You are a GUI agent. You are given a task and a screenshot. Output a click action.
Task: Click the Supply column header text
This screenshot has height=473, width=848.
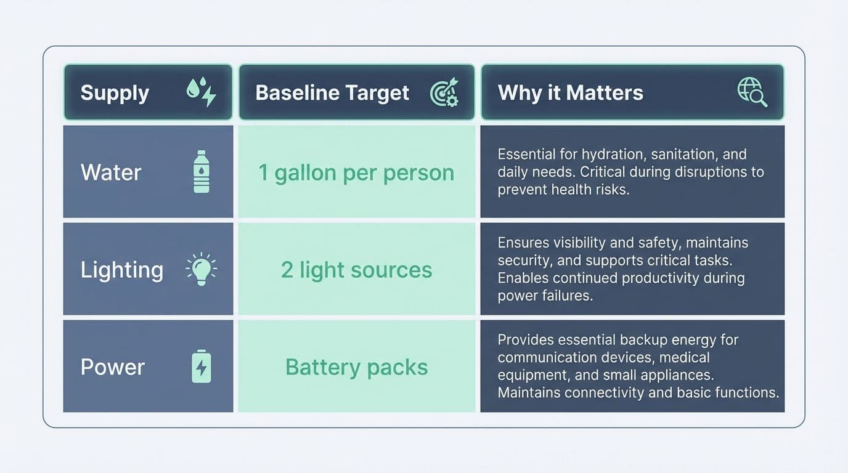tap(115, 93)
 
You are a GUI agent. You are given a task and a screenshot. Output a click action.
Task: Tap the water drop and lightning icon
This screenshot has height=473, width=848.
tap(201, 92)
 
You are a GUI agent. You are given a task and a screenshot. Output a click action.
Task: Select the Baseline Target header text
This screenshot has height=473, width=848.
tap(332, 93)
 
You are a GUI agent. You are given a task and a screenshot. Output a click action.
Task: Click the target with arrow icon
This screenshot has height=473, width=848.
tap(444, 92)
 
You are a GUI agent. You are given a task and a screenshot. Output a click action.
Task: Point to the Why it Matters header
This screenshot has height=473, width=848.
tap(570, 93)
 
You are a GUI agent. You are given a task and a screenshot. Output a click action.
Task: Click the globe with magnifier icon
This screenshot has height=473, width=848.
tap(752, 92)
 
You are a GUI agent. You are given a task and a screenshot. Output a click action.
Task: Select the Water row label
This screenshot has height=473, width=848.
tap(111, 172)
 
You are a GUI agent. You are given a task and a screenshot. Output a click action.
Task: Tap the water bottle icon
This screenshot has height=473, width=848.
tap(201, 172)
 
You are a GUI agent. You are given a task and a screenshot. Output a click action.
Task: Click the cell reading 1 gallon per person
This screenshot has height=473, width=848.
tap(356, 172)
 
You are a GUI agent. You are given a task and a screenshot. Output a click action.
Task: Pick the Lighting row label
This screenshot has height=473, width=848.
tap(122, 270)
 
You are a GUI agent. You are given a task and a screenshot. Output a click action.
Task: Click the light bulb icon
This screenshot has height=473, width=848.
tap(201, 270)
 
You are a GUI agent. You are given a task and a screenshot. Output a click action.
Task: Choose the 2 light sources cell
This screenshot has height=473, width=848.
tap(356, 270)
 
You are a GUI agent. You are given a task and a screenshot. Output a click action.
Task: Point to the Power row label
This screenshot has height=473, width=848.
tap(113, 367)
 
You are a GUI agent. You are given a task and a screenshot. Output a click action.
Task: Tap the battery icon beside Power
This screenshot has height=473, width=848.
tap(201, 366)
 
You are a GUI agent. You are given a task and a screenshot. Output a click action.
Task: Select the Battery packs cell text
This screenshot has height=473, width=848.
tap(356, 367)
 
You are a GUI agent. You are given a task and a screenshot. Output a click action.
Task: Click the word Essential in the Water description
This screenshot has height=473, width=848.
tap(523, 154)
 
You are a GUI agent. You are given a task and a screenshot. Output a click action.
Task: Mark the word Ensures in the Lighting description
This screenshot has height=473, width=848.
tap(521, 243)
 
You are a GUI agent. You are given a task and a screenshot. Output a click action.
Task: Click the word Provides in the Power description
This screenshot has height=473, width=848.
tap(523, 340)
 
